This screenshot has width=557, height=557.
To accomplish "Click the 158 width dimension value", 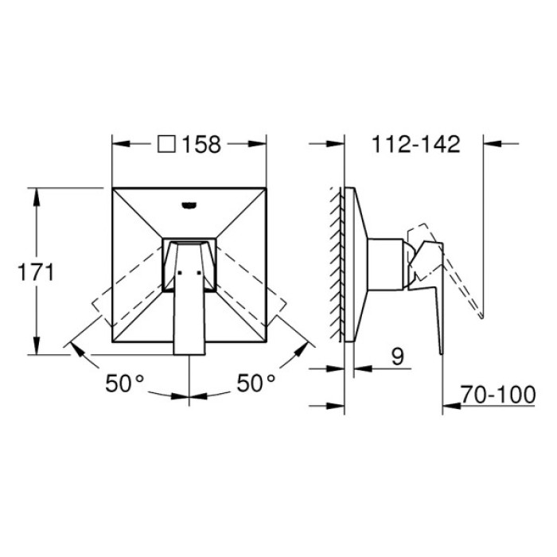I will pyautogui.click(x=201, y=145).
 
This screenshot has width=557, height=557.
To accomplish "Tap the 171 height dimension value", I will pyautogui.click(x=37, y=272).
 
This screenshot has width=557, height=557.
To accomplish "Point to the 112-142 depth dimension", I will pyautogui.click(x=415, y=145).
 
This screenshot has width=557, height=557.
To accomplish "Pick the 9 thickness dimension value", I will pyautogui.click(x=397, y=359).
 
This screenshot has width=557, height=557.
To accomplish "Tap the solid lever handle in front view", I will pyautogui.click(x=189, y=302).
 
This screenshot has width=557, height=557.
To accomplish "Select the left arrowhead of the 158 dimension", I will pyautogui.click(x=118, y=145).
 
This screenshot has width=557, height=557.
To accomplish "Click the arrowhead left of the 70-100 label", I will pyautogui.click(x=449, y=406).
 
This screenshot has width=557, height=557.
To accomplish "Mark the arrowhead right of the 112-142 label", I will pyautogui.click(x=489, y=145).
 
